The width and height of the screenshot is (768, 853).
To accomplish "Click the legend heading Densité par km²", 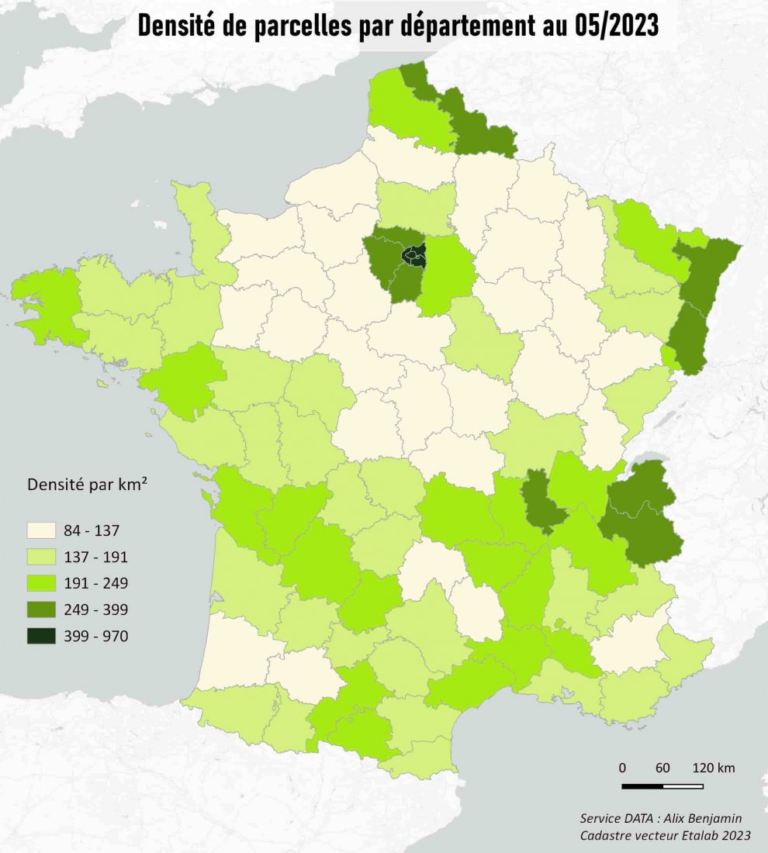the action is pyautogui.click(x=88, y=486).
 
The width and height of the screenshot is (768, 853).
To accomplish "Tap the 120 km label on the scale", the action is pyautogui.click(x=714, y=768).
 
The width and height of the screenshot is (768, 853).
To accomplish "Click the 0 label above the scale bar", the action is pyautogui.click(x=622, y=768).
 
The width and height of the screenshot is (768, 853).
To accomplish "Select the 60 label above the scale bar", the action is pyautogui.click(x=662, y=768).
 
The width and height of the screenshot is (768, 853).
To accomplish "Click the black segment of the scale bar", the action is pyautogui.click(x=642, y=786).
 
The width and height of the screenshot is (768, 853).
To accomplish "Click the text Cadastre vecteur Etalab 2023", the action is pyautogui.click(x=666, y=835).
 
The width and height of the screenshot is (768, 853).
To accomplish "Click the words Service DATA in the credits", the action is pyautogui.click(x=613, y=819).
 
